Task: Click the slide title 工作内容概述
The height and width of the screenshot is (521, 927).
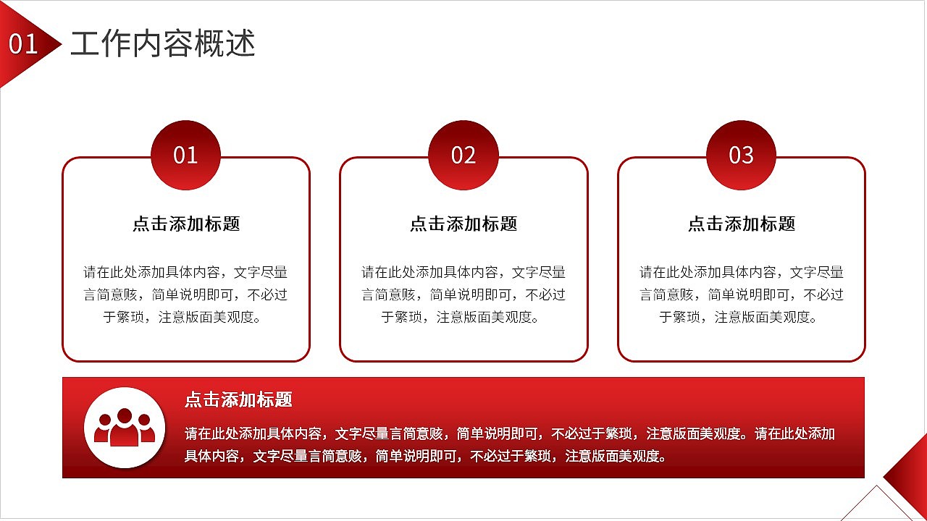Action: pyautogui.click(x=163, y=44)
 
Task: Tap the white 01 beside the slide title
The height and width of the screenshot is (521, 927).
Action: pyautogui.click(x=23, y=45)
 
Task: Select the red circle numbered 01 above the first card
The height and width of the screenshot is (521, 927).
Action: pyautogui.click(x=185, y=155)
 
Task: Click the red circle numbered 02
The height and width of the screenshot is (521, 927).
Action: pyautogui.click(x=463, y=155)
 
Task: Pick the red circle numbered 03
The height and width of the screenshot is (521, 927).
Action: pyautogui.click(x=741, y=155)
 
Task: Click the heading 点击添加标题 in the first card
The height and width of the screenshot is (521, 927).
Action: pyautogui.click(x=186, y=224)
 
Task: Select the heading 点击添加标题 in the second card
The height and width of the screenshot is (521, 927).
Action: pyautogui.click(x=463, y=224)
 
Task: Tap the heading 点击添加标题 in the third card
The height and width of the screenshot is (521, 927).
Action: pyautogui.click(x=742, y=224)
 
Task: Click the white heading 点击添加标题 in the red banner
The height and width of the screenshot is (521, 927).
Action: pyautogui.click(x=238, y=399)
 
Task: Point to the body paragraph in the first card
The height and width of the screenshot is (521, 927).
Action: pyautogui.click(x=185, y=295)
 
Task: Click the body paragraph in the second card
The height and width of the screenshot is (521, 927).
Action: pyautogui.click(x=463, y=295)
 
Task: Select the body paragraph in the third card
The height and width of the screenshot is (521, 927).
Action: pyautogui.click(x=742, y=295)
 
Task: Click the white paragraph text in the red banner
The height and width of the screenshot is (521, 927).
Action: pyautogui.click(x=510, y=444)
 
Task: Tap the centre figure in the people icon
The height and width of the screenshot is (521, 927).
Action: pyautogui.click(x=125, y=427)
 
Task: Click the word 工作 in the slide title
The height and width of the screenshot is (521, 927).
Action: pyautogui.click(x=93, y=44)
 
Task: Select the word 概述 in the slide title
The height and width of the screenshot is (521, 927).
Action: pyautogui.click(x=232, y=44)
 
